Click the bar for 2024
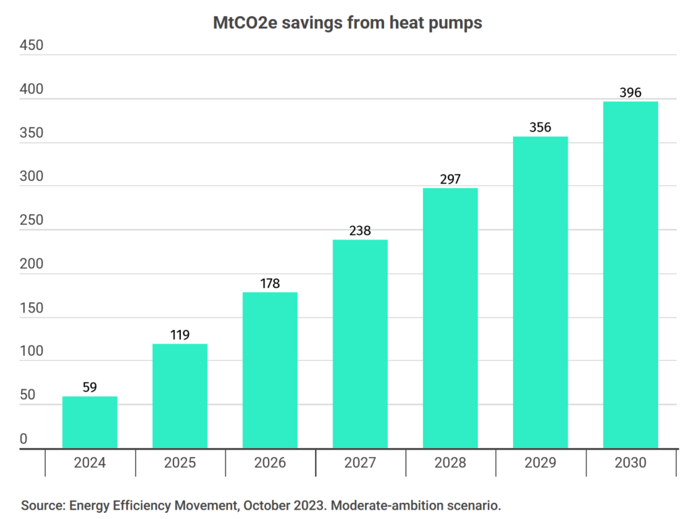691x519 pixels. click(90, 422)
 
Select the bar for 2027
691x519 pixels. click(360, 344)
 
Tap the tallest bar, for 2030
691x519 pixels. click(630, 275)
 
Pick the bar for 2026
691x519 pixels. click(270, 371)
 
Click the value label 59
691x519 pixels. click(90, 387)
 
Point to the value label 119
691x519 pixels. click(179, 335)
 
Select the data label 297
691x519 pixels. click(450, 180)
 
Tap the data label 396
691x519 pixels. click(630, 92)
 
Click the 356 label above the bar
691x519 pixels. click(541, 128)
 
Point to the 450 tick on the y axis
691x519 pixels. click(32, 45)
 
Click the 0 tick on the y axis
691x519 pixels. click(24, 439)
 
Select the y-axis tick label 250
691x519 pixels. click(32, 220)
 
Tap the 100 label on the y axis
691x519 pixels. click(32, 351)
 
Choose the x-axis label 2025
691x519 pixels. click(179, 462)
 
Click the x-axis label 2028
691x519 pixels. click(450, 462)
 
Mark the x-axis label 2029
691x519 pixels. click(541, 462)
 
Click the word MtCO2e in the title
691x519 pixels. click(246, 22)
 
